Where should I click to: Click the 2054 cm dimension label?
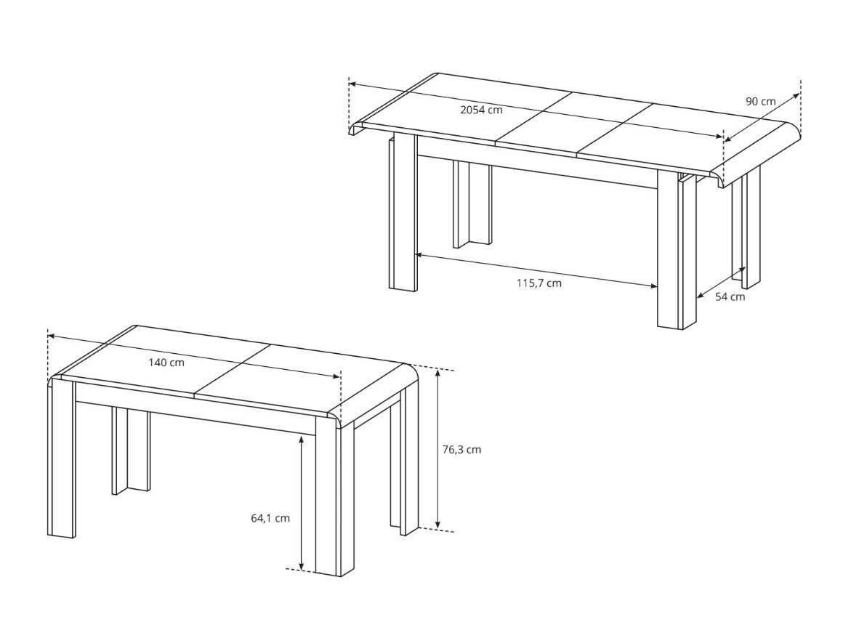coord(481,110)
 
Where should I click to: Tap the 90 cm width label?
coord(760,102)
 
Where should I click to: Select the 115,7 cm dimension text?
coord(539,283)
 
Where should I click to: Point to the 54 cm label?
coord(730,296)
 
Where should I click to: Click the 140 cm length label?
coord(166,363)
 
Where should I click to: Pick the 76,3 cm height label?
coord(461,450)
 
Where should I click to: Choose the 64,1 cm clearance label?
coord(270,518)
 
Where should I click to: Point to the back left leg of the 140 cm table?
coord(130,451)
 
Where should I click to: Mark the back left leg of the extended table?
coord(472,204)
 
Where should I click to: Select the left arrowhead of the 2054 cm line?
coord(352,84)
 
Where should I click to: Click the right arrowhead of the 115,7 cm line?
coord(653,286)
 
